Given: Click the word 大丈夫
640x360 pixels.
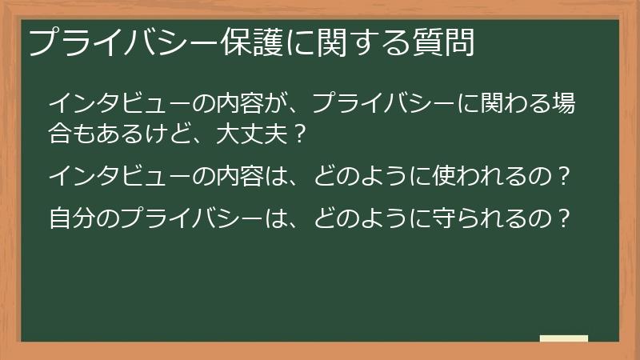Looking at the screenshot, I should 248,133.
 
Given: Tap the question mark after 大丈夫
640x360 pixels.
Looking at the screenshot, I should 298,133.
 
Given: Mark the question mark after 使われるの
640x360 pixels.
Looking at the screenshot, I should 567,175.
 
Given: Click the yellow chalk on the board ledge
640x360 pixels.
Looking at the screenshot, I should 564,338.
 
